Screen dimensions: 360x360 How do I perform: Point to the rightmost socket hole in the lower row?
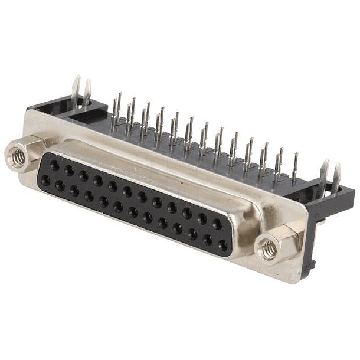(x=222, y=244)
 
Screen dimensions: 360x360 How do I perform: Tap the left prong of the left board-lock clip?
(x=76, y=89)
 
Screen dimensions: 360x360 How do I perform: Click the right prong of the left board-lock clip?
(x=88, y=91)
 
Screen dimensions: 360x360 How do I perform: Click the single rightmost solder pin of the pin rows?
(x=294, y=168)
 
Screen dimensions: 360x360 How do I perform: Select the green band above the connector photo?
(x=180, y=35)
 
